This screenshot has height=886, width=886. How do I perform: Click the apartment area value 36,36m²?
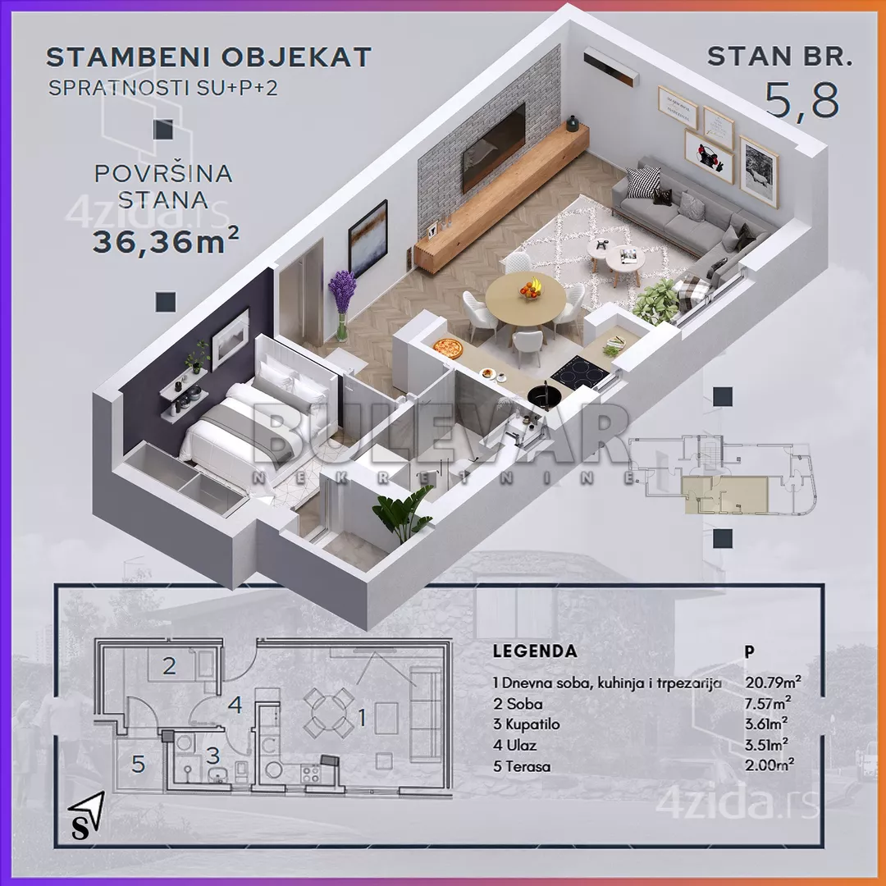click(x=166, y=241)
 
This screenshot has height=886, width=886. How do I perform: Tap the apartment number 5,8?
click(x=802, y=99)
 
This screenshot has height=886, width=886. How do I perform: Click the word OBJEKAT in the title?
click(x=296, y=57)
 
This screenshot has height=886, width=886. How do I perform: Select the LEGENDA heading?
click(x=535, y=651)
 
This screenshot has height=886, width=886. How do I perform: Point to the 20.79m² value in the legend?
click(x=773, y=682)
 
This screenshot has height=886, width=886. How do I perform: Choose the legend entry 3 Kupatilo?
click(x=526, y=724)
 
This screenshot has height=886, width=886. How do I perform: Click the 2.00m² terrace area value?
click(x=769, y=765)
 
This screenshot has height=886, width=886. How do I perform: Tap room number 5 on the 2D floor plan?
click(x=139, y=765)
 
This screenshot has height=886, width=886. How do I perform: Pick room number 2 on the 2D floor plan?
click(x=169, y=666)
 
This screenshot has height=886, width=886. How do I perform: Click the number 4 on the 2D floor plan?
click(x=235, y=704)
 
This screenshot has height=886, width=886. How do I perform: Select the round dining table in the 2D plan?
click(x=328, y=713)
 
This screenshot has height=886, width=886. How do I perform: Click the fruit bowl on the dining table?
click(x=531, y=288)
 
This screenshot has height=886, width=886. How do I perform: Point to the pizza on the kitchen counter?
click(x=448, y=348)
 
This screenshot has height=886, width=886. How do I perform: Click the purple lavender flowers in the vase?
click(x=342, y=291)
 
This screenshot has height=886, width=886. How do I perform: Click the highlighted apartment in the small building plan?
click(x=726, y=495)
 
